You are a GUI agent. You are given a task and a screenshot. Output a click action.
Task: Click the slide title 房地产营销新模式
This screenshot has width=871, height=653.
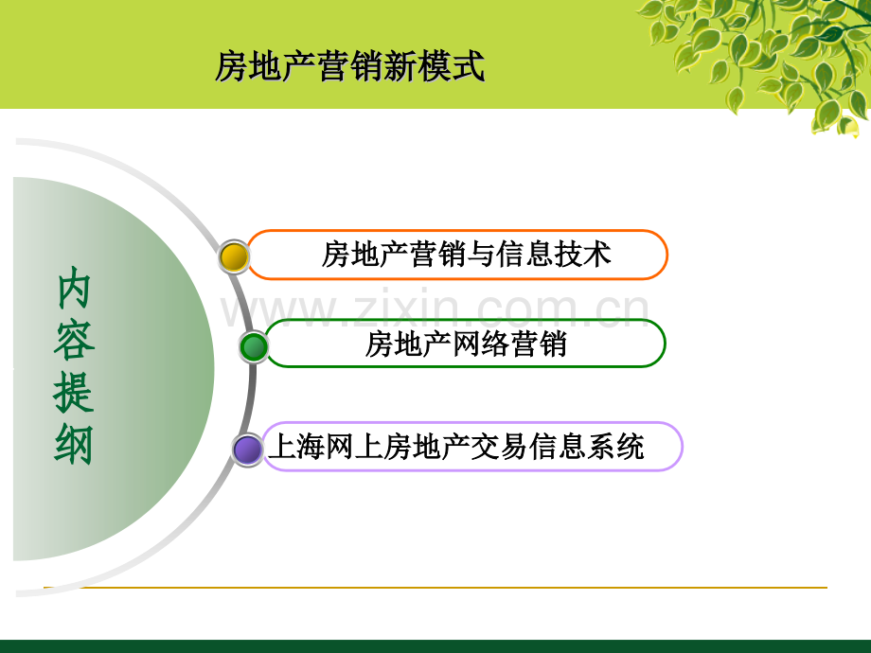click(350, 66)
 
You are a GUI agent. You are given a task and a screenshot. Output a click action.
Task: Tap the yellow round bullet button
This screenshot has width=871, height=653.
click(234, 256)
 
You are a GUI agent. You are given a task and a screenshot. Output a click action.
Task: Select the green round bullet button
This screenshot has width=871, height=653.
click(254, 347)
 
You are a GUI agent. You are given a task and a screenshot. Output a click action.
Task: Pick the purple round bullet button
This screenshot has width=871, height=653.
click(247, 450)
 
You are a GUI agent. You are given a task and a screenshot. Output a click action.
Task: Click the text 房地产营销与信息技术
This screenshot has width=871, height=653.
click(466, 255)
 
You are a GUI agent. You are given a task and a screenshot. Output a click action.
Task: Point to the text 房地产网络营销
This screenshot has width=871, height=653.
click(466, 344)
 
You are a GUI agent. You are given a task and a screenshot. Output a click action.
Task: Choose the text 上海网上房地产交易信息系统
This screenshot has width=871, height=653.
click(456, 447)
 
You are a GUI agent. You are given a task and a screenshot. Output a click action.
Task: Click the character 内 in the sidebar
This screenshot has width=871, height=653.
click(74, 288)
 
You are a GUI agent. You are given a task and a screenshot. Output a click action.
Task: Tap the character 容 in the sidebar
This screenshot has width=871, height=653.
click(74, 340)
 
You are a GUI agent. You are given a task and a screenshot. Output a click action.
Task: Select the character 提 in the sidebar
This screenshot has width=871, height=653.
click(74, 392)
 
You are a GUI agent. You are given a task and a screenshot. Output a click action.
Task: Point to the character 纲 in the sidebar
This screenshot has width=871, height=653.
click(74, 444)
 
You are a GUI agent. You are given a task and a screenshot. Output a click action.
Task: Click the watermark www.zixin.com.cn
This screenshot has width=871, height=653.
click(435, 309)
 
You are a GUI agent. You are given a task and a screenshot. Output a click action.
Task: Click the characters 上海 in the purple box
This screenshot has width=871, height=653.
click(296, 447)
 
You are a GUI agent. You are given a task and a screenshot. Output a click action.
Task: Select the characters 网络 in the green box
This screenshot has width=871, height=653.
click(481, 344)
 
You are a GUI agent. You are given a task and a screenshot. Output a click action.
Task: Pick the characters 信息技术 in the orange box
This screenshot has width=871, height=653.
click(553, 255)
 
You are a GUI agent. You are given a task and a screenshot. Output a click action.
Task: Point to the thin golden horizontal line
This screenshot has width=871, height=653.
click(435, 587)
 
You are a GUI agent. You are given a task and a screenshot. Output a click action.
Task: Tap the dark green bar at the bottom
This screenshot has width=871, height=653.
click(435, 646)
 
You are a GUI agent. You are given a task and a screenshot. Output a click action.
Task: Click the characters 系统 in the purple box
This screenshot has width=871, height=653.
click(616, 447)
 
